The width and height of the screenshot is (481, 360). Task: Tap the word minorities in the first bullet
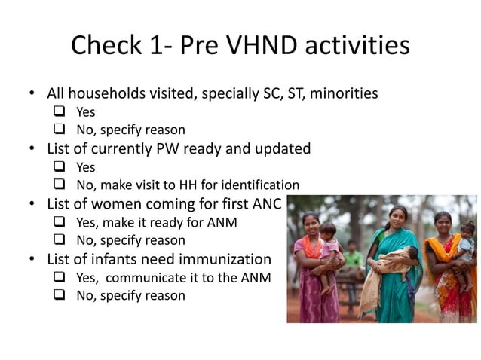342,94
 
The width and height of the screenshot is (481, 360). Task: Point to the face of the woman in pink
311,222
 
